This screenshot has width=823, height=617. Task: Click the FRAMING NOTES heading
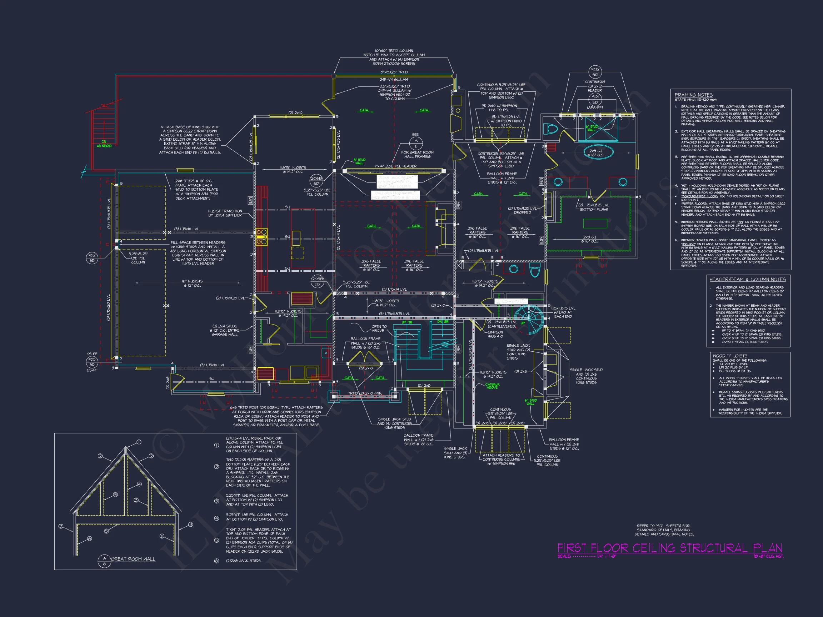point(694,95)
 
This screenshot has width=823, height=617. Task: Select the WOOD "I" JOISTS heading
point(730,356)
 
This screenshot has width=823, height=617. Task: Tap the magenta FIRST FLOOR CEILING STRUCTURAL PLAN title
point(669,548)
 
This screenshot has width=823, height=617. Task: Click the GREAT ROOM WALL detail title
point(133,559)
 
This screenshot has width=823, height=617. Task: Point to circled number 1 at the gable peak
point(139,442)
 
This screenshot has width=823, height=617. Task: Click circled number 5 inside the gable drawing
point(106,531)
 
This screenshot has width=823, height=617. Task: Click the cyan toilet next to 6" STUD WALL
point(552,129)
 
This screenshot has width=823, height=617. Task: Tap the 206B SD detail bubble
point(316,181)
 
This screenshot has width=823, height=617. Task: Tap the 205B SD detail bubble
point(317,281)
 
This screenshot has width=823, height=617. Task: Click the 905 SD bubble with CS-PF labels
point(92,362)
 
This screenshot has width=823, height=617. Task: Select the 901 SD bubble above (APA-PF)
point(595,99)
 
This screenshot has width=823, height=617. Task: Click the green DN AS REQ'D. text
point(104,144)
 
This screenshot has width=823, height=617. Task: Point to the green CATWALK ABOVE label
point(492,386)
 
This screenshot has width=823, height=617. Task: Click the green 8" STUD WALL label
point(359,161)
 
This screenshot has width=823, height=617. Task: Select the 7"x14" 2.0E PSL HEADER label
point(395,166)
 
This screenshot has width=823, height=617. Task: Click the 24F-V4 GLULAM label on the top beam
point(394,80)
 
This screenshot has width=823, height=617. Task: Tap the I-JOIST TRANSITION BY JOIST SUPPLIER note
point(225,213)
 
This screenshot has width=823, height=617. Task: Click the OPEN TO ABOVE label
point(379,328)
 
